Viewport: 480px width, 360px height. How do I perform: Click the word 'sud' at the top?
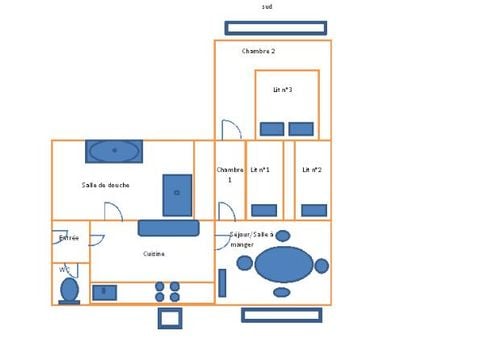click(x=267, y=7)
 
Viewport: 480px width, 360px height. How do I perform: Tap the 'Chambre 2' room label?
click(x=258, y=50)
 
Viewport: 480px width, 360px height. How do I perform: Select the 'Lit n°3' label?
click(x=283, y=90)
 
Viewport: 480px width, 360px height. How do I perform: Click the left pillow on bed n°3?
click(x=272, y=129)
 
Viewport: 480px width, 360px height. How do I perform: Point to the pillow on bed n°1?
click(x=264, y=210)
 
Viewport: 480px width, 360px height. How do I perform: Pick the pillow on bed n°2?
click(x=314, y=210)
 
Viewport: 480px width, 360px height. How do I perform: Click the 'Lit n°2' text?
click(x=312, y=170)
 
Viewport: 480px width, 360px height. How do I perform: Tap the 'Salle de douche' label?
click(x=105, y=185)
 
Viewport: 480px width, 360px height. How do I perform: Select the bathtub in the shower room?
click(x=113, y=151)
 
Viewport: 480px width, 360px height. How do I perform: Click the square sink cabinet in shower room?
click(x=177, y=195)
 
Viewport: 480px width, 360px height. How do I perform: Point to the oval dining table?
click(x=284, y=265)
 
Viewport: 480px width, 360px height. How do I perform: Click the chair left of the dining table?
click(x=245, y=263)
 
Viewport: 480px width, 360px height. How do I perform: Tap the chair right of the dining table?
click(x=322, y=266)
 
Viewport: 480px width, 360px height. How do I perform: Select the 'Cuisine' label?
click(x=153, y=254)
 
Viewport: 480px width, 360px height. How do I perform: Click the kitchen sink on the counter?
click(x=104, y=293)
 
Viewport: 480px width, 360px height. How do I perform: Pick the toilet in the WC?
click(x=69, y=289)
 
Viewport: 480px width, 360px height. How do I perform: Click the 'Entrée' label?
click(x=69, y=238)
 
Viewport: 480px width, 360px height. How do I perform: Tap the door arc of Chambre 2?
click(x=230, y=130)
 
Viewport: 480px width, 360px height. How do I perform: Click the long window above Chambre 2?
click(x=275, y=28)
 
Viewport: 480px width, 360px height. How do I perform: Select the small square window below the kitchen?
click(x=170, y=318)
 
